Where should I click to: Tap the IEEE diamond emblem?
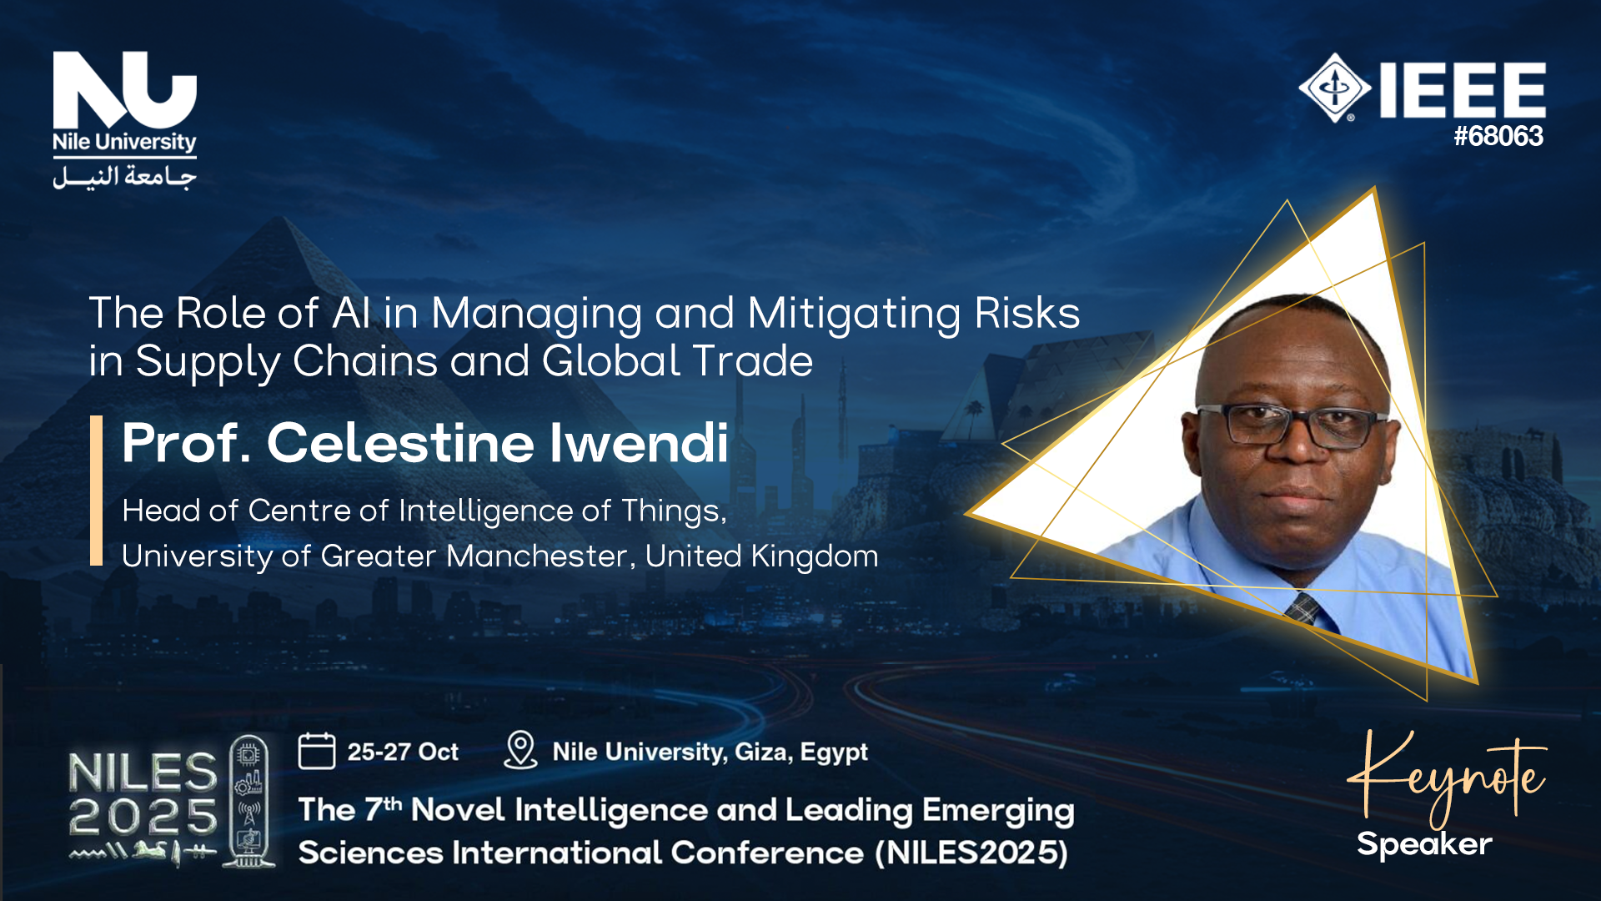[1334, 88]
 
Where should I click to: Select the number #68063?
[1498, 136]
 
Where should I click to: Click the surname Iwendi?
[639, 442]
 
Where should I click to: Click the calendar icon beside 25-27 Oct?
[317, 751]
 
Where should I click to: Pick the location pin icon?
[520, 750]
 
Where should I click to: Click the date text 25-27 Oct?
[403, 752]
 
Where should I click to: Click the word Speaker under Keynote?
[1424, 844]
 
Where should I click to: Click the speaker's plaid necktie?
[1302, 608]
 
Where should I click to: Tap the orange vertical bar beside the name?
[96, 491]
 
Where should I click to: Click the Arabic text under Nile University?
[124, 177]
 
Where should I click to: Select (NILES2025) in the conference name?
[971, 853]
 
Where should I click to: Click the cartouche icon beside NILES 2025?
[248, 801]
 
